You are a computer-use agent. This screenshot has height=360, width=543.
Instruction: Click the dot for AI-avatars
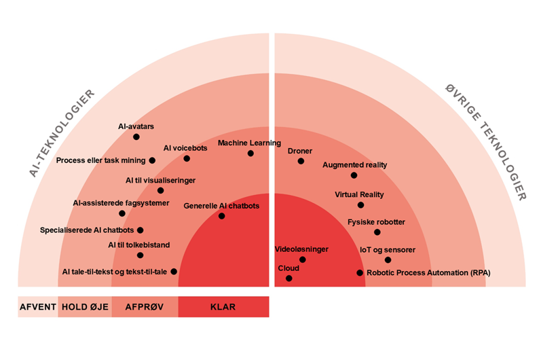136,137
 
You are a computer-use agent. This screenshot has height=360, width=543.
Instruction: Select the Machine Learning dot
250,154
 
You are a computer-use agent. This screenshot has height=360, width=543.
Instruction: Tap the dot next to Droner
302,162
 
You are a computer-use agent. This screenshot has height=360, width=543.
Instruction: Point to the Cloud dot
289,278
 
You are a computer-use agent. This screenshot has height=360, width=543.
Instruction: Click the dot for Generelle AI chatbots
222,216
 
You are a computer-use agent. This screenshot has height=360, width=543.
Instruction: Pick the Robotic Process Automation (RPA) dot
360,273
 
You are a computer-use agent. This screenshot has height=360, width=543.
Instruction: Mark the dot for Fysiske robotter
377,232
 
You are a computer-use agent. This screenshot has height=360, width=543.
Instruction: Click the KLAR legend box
223,307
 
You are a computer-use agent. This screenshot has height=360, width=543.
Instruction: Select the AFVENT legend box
37,307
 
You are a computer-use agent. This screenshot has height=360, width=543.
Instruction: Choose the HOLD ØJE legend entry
85,307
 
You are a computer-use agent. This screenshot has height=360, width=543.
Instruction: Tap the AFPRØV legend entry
145,307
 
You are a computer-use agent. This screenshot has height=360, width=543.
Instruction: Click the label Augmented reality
354,165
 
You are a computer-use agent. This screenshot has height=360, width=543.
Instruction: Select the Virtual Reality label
359,194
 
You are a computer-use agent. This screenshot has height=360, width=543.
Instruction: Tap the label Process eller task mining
100,160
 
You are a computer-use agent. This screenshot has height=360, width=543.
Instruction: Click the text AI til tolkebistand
138,245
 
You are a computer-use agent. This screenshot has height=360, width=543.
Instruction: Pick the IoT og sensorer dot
388,259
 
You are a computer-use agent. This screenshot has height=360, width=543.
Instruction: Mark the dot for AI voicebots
187,158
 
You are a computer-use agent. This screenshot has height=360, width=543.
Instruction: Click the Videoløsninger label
301,249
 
